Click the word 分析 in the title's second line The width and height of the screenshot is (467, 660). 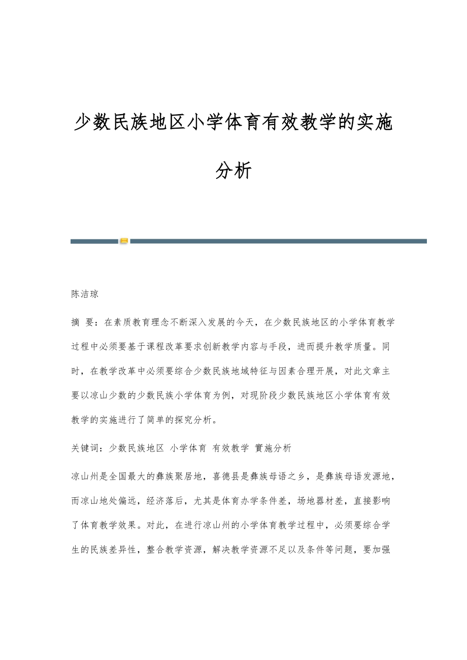[233, 171]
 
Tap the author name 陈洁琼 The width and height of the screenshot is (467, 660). [85, 294]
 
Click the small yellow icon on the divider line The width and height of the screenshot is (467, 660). [124, 241]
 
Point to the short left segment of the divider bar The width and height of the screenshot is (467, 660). [94, 241]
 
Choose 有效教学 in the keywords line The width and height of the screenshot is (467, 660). [231, 448]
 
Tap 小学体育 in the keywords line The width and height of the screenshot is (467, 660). [188, 448]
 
